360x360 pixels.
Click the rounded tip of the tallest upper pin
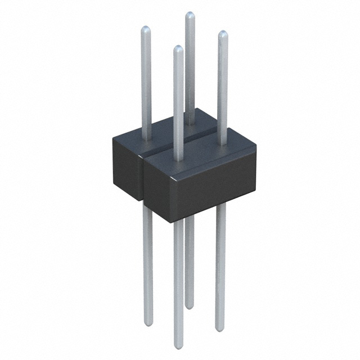click(190, 15)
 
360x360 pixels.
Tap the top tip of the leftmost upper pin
click(145, 29)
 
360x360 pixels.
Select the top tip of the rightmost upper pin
click(223, 34)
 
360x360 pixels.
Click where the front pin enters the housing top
click(178, 159)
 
